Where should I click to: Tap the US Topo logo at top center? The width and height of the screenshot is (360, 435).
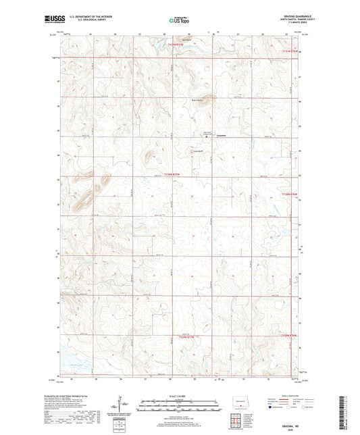click(177, 21)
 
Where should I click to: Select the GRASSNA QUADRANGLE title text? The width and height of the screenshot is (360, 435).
click(290, 17)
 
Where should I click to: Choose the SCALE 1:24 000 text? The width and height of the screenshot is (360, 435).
click(179, 396)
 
